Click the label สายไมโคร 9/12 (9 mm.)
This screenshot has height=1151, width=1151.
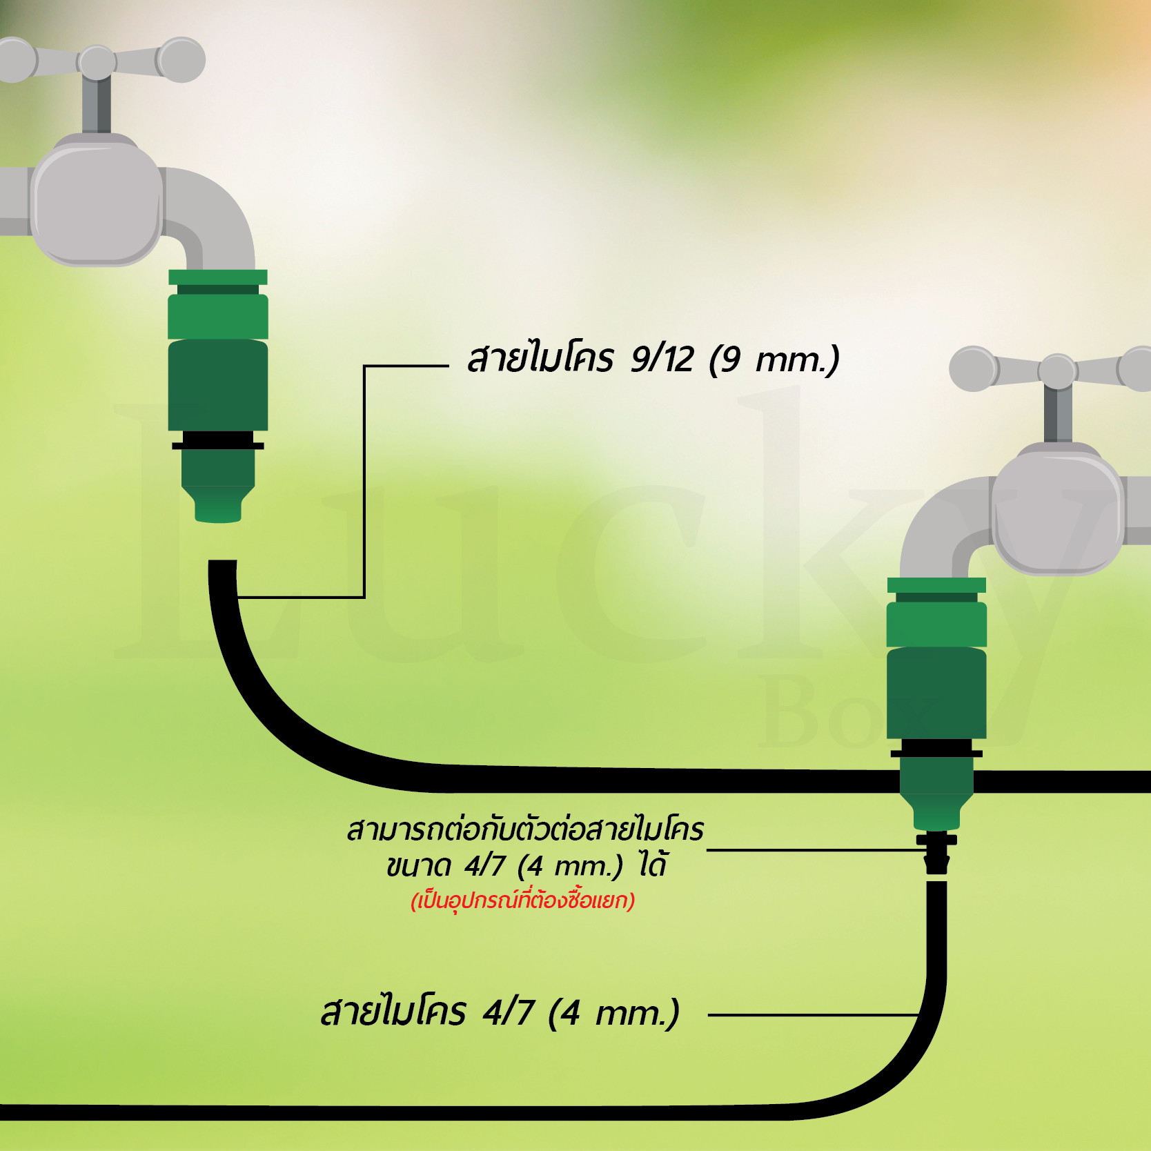653,359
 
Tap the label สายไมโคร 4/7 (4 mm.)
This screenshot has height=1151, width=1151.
500,1012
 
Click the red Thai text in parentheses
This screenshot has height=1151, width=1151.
522,901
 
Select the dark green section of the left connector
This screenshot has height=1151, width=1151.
218,385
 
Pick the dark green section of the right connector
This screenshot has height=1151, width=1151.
936,693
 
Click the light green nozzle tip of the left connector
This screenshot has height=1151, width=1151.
218,504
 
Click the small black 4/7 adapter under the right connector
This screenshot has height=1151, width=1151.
936,854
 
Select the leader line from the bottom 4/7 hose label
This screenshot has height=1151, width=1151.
814,1015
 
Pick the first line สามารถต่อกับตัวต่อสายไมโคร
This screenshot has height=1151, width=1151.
525,829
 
